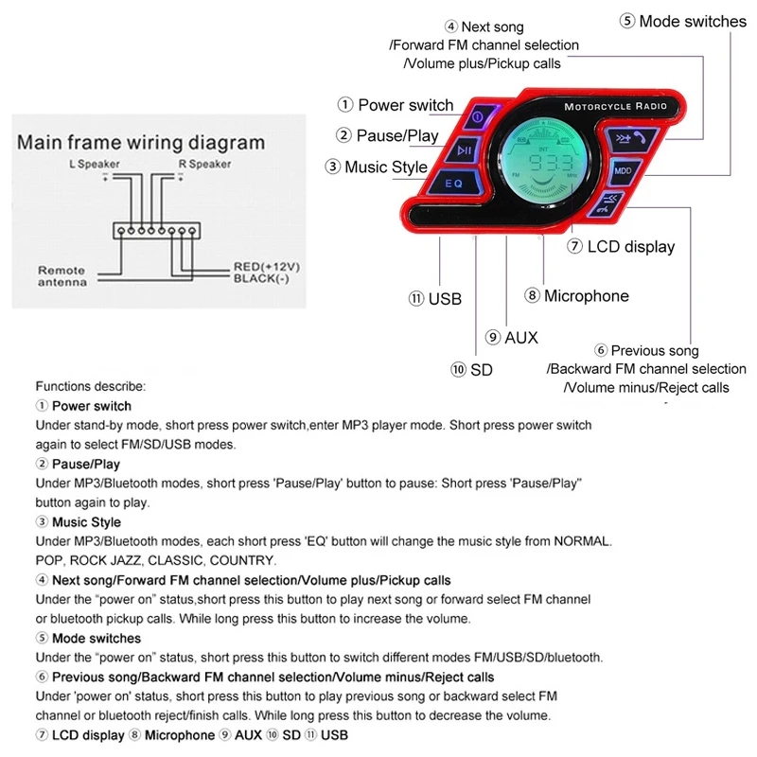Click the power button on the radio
point(478,117)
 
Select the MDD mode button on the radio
point(622,170)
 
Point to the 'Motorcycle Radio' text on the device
point(615,106)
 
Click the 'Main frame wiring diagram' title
point(142,144)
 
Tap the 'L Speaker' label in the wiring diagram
point(94,165)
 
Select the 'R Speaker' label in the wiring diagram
point(204,165)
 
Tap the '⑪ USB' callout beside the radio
point(435,299)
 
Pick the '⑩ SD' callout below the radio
point(472,369)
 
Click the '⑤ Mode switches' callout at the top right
point(683,21)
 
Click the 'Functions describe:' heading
point(91,386)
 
